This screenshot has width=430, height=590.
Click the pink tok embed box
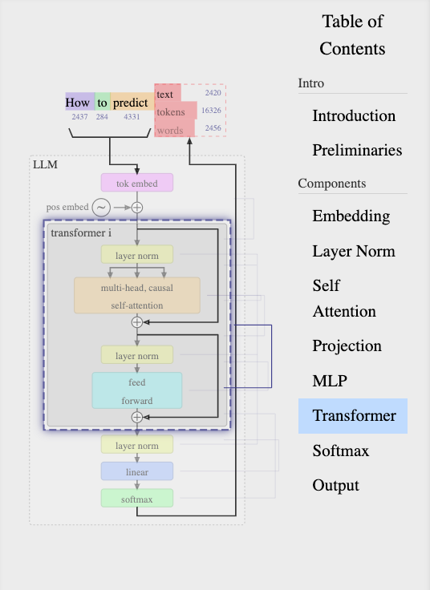[137, 183]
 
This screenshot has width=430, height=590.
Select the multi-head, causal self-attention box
[137, 295]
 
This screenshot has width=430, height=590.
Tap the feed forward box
[137, 390]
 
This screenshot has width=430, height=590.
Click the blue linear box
[137, 471]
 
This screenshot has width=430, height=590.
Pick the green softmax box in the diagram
[137, 498]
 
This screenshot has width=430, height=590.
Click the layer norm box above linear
[137, 445]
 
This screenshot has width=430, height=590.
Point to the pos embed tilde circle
[101, 208]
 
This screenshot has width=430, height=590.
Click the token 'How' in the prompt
[78, 103]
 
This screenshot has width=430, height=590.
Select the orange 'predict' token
[131, 103]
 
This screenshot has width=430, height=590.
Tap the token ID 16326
[211, 111]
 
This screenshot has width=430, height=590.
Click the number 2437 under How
[80, 117]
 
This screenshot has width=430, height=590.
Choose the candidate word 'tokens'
[171, 112]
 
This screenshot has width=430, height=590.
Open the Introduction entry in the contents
[354, 115]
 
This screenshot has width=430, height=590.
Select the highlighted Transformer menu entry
[353, 416]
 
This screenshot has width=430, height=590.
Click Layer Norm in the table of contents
[354, 251]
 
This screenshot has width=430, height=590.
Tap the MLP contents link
[330, 381]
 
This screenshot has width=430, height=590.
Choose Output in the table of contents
[336, 485]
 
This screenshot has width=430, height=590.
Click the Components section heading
[331, 184]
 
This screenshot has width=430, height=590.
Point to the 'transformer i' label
[81, 233]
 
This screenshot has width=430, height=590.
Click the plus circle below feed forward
[137, 418]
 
